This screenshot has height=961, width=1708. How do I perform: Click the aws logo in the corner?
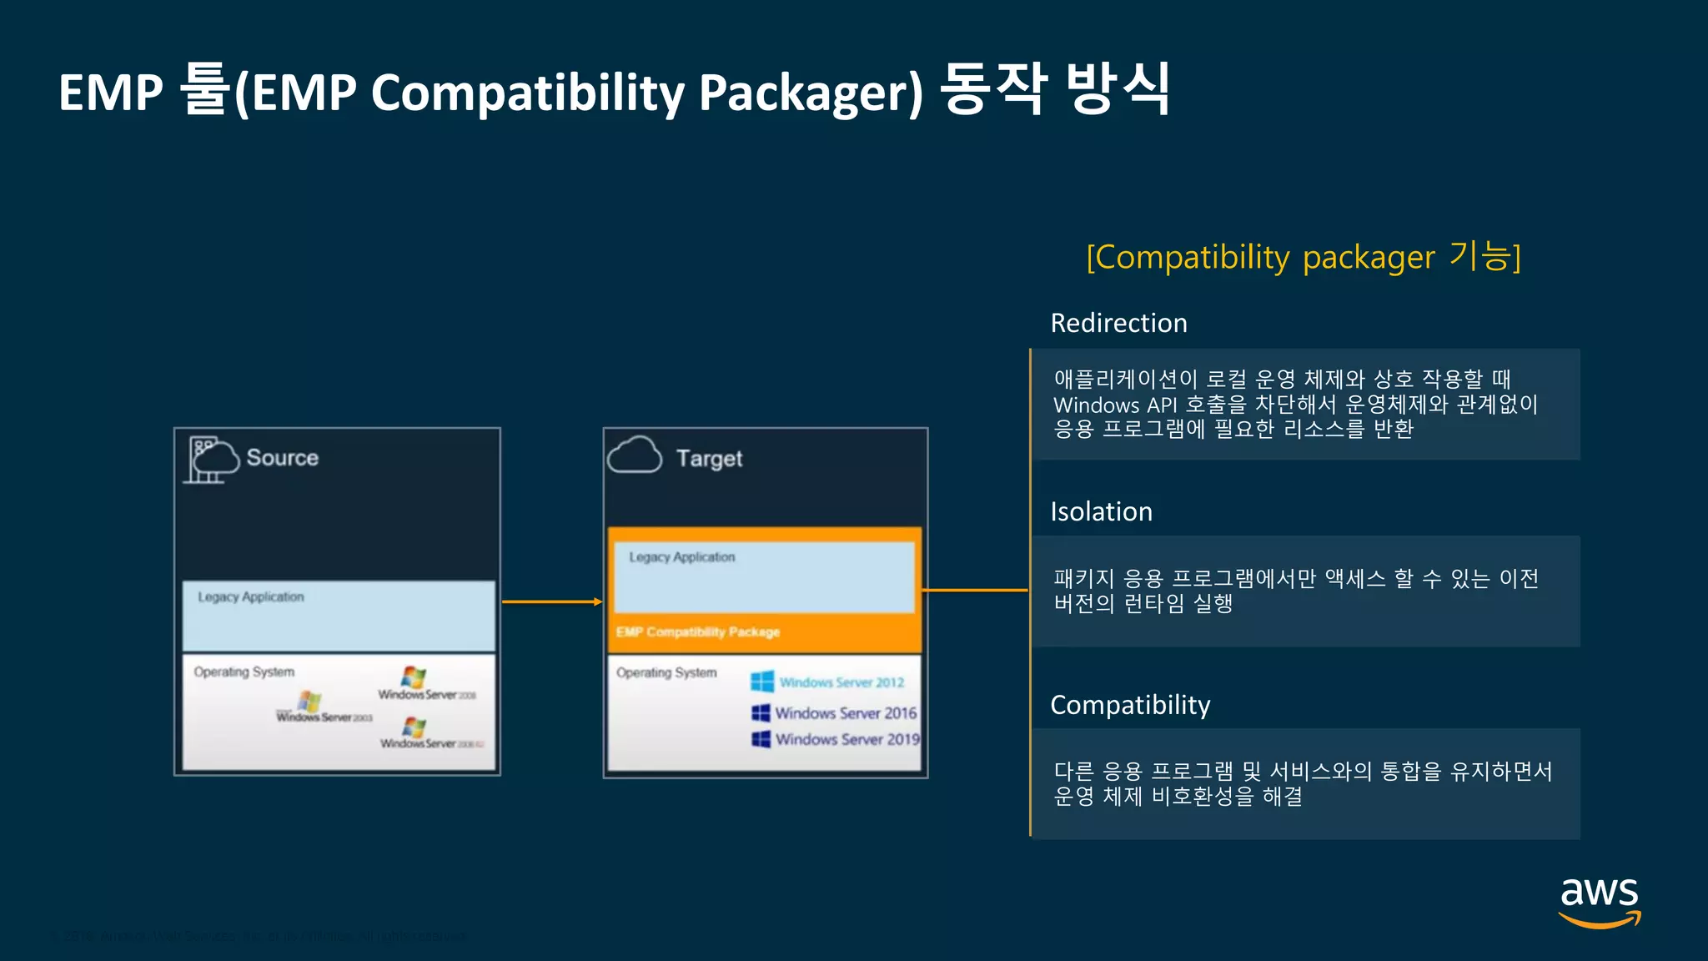pos(1599,901)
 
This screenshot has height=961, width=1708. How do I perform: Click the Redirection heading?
pos(1118,323)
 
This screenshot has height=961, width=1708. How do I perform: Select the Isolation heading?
pos(1101,511)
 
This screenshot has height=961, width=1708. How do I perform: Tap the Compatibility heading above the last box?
pos(1130,705)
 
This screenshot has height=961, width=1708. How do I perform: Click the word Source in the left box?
pos(282,457)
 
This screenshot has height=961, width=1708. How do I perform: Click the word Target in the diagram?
pos(709,458)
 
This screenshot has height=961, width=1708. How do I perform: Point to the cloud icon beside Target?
pos(635,455)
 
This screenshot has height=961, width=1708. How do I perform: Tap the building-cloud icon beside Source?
pos(210,459)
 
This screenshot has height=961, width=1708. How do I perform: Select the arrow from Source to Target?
pos(551,601)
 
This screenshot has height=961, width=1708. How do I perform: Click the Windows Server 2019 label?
pos(846,739)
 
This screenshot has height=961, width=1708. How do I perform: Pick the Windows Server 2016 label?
pos(845,713)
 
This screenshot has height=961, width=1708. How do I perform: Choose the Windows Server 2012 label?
pos(841,682)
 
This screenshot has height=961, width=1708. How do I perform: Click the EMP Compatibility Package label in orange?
pos(698,632)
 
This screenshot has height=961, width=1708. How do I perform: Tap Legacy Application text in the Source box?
pos(251,597)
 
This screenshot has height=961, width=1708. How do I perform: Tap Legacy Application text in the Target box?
pos(682,557)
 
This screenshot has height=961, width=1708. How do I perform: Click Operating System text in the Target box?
pos(666,672)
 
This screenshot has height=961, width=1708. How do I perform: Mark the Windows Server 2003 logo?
pos(309,701)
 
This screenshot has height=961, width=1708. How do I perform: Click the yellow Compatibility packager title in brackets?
pos(1304,257)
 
